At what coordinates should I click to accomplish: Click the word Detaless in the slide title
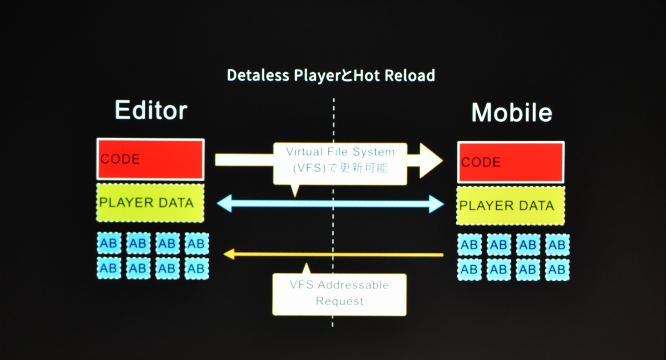(x=258, y=75)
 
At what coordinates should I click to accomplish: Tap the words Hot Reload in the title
(x=394, y=75)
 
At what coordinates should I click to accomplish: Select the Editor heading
(x=151, y=110)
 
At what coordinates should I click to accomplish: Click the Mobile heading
(x=512, y=113)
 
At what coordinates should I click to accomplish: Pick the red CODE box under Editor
(x=150, y=159)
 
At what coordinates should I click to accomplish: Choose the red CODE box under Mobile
(x=511, y=163)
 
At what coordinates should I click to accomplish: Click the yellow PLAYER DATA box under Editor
(x=150, y=202)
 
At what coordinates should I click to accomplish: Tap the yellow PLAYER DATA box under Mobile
(x=511, y=206)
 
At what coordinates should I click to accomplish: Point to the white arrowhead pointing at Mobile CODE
(x=431, y=160)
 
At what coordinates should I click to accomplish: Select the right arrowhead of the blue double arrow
(x=436, y=204)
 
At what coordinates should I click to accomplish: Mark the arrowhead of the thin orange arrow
(x=229, y=254)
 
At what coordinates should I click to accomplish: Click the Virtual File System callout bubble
(x=340, y=164)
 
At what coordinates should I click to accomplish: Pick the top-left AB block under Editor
(x=109, y=243)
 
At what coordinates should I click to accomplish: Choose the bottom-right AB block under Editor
(x=196, y=268)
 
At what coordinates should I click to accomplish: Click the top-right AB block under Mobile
(x=557, y=245)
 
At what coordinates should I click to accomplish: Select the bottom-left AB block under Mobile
(x=469, y=270)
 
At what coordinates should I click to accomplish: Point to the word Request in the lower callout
(x=339, y=301)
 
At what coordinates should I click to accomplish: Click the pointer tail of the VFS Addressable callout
(x=306, y=269)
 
